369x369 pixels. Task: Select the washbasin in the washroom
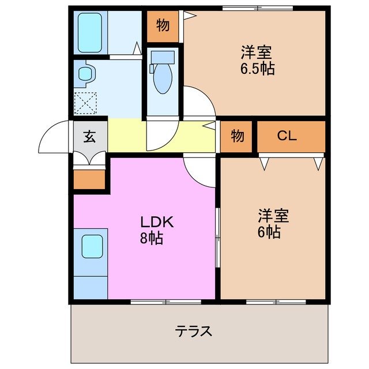click(85, 74)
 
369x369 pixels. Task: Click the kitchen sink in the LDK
click(91, 246)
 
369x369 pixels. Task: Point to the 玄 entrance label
click(89, 137)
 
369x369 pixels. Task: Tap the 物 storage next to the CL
click(237, 137)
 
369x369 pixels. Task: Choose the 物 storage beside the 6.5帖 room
click(163, 26)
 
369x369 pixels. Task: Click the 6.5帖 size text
click(257, 69)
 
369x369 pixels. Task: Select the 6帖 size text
click(269, 232)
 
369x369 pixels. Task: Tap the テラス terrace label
click(194, 331)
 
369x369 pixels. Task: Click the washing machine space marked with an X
click(86, 104)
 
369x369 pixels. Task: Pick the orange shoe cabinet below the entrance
click(89, 180)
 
